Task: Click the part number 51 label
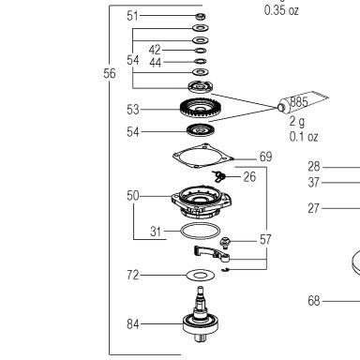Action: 132,16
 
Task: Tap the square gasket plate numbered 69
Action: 203,156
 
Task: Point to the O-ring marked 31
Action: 201,231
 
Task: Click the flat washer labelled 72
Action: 201,276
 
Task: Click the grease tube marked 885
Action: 303,101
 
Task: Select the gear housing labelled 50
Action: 202,201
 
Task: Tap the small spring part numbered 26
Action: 219,176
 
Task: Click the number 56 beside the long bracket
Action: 110,73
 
